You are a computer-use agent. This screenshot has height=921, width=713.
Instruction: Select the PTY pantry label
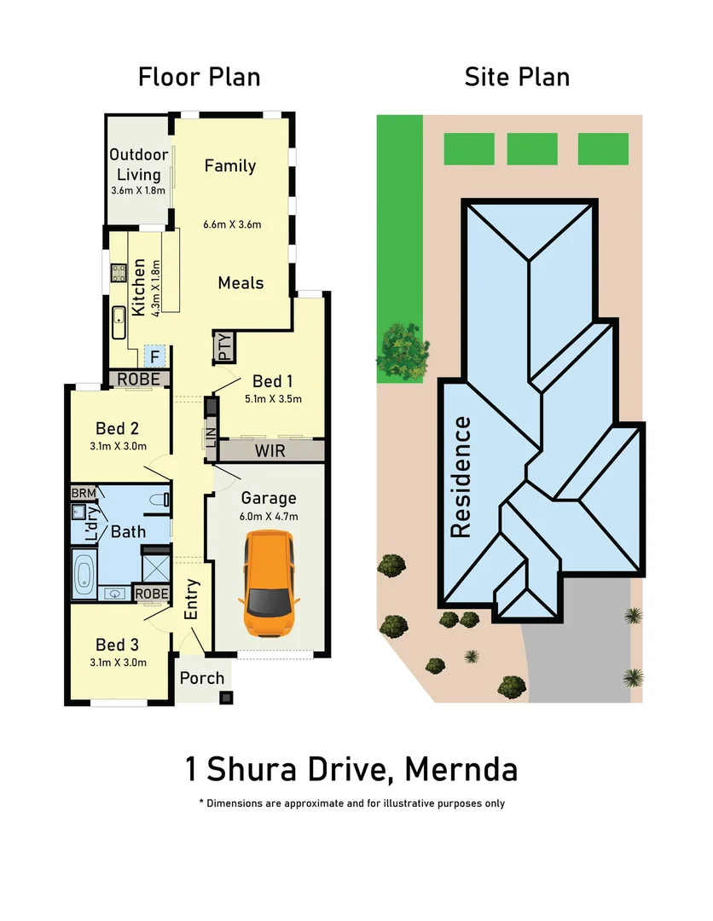click(x=223, y=347)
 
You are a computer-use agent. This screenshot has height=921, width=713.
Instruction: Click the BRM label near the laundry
click(x=83, y=493)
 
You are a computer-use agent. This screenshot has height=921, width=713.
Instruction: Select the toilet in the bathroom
click(x=161, y=500)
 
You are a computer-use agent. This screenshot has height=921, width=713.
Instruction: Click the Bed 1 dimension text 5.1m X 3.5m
click(x=273, y=398)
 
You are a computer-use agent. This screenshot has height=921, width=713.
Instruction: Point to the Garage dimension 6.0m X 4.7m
click(x=269, y=516)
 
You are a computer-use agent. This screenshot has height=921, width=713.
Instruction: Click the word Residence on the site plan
click(x=461, y=477)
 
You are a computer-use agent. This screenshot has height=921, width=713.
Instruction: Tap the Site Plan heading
click(x=517, y=78)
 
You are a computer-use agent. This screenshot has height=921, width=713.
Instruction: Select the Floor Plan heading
click(x=199, y=78)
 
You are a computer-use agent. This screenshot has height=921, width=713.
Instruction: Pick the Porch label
click(x=202, y=678)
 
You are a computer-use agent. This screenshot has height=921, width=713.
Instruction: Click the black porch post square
click(x=225, y=698)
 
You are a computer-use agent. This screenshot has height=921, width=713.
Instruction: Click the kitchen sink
click(x=119, y=321)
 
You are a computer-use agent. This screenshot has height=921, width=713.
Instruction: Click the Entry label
click(x=191, y=600)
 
